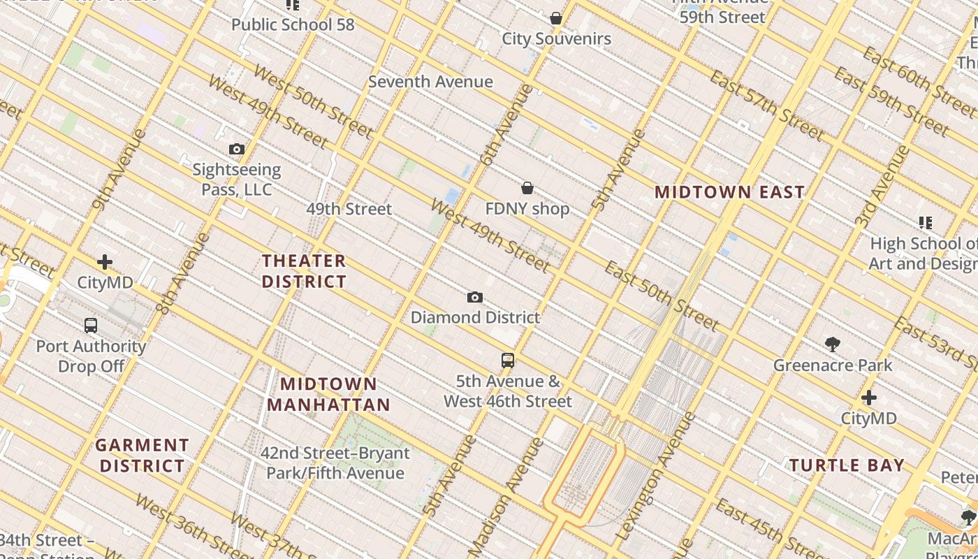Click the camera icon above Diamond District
point(475,298)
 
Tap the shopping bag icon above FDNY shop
point(527,188)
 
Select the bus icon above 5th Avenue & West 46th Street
point(508,361)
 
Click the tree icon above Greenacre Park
point(832,344)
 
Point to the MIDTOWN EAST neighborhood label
point(729,192)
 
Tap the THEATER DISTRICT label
point(304,271)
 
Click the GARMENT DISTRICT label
point(143,455)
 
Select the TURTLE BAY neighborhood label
point(847,465)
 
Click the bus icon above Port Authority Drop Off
point(91,326)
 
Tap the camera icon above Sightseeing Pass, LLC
point(237,149)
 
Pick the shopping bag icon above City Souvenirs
point(556,18)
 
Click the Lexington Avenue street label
point(656,475)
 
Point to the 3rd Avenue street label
point(882,185)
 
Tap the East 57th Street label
point(766,104)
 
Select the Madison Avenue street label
point(506,498)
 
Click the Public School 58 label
point(293,24)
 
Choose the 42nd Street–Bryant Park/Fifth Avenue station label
point(335,463)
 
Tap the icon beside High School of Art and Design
point(926,223)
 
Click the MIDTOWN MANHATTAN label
point(328,394)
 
